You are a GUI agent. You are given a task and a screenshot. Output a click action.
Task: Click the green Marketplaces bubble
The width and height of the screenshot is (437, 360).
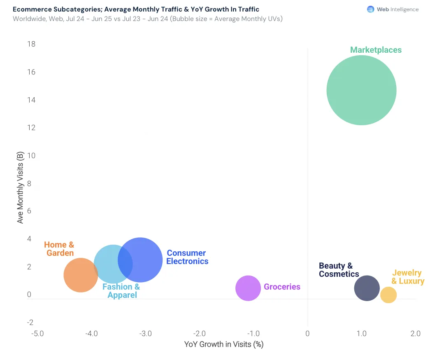point(361,90)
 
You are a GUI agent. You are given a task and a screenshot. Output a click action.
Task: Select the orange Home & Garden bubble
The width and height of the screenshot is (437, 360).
point(81,275)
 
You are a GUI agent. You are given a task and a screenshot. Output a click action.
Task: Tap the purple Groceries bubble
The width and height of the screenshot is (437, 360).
point(248,288)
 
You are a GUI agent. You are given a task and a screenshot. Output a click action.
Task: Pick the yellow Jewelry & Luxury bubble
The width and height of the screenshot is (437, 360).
point(388,295)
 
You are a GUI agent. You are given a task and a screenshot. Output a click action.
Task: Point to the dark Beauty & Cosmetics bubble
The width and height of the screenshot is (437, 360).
point(367,288)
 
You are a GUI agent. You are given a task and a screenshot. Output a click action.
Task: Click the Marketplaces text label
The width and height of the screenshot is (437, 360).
point(376,50)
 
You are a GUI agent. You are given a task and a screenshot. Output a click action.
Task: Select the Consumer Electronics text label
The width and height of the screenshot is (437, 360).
point(187,257)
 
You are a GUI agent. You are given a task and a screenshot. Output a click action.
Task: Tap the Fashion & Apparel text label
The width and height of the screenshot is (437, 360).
point(121,291)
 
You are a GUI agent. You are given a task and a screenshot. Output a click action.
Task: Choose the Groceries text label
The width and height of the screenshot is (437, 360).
point(282,287)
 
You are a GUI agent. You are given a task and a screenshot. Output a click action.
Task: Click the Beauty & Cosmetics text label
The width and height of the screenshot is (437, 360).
point(339,270)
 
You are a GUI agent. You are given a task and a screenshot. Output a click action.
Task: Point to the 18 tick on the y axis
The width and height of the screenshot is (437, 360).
point(31,44)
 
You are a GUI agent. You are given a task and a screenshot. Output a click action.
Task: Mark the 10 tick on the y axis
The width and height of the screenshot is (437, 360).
point(31,156)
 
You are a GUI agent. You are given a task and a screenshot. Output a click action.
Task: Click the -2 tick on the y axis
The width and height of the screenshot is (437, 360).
point(30,323)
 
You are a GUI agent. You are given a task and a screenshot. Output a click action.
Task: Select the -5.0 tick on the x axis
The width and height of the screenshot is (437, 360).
point(37,334)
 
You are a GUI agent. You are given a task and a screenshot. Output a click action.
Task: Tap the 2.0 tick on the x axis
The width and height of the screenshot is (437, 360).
point(416,334)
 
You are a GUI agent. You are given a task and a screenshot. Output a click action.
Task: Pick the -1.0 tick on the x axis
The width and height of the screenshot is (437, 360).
point(253,334)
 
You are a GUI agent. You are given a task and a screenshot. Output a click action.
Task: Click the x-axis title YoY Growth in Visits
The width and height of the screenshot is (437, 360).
point(224,344)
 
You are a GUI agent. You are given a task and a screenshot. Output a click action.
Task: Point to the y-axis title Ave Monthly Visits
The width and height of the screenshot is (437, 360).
point(20,187)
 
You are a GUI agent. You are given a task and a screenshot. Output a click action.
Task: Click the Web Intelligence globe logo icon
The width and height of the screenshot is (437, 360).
point(370,9)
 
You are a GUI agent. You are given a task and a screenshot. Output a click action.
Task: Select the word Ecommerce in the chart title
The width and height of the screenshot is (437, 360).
point(32,9)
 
